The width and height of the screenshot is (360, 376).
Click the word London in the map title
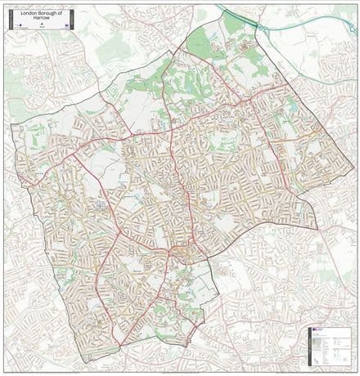(x=28, y=13)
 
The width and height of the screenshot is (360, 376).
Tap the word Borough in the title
(x=46, y=13)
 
